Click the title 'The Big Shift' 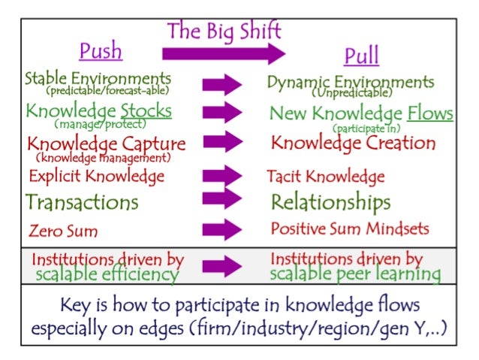click(224, 32)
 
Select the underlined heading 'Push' click(101, 52)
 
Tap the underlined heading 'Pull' click(361, 56)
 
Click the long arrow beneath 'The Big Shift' click(224, 53)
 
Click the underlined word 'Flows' click(430, 113)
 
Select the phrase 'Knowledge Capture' click(106, 143)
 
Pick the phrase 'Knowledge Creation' click(353, 142)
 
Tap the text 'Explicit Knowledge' click(96, 177)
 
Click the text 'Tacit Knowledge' click(326, 177)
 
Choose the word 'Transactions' click(82, 202)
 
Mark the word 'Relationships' click(330, 202)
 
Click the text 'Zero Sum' click(63, 230)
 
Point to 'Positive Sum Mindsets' click(349, 228)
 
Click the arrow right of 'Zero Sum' click(222, 228)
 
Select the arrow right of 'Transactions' click(222, 199)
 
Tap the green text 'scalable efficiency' click(107, 274)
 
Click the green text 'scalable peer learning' click(355, 274)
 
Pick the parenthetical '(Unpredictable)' click(352, 93)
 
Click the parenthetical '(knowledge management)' click(104, 158)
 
